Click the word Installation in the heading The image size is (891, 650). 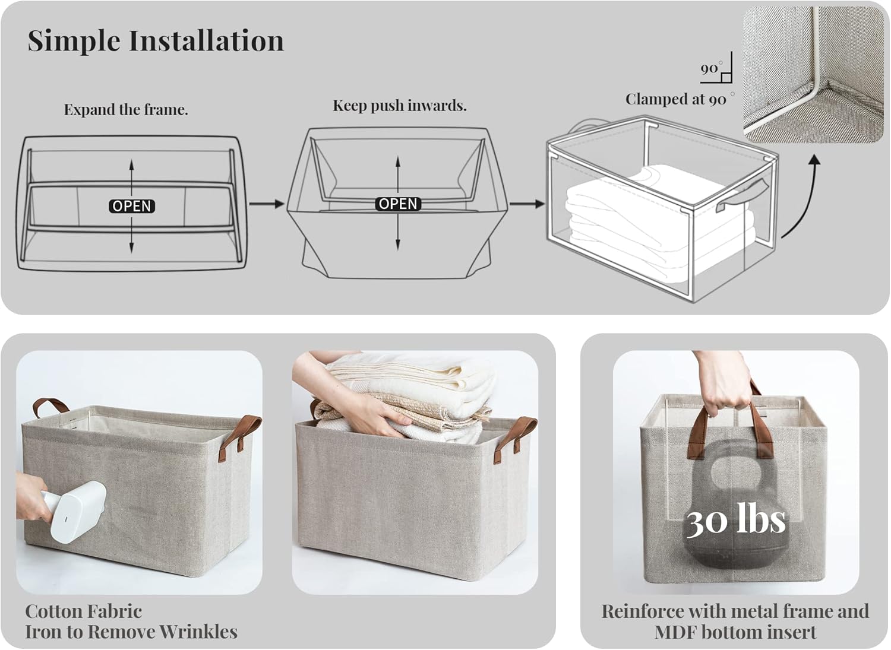click(x=206, y=40)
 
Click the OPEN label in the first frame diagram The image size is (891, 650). click(x=132, y=206)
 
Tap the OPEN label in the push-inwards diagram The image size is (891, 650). click(x=398, y=204)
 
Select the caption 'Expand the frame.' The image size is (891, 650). click(x=126, y=109)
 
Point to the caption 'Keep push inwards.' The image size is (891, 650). click(x=399, y=105)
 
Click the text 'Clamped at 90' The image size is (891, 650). click(x=675, y=99)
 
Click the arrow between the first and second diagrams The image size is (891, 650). click(x=267, y=204)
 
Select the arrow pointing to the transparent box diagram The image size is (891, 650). click(x=527, y=204)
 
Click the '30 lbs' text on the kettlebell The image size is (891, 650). click(x=736, y=519)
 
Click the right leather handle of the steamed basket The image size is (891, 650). click(x=239, y=437)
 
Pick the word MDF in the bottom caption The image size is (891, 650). click(x=675, y=632)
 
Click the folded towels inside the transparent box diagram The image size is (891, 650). click(x=661, y=227)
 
